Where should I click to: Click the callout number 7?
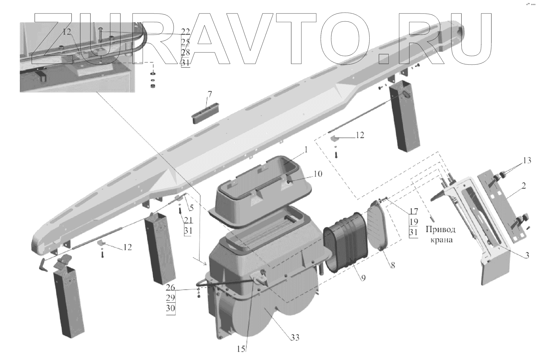point(209,95)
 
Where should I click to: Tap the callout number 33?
point(295,338)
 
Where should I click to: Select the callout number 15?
point(241,349)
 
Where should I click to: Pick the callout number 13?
point(527,161)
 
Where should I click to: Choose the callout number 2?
point(523,186)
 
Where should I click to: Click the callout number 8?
point(393,265)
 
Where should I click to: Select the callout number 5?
point(191,207)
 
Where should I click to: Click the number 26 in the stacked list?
point(171,288)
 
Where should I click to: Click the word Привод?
point(440,230)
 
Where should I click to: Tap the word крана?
point(440,240)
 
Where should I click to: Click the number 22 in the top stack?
point(186,31)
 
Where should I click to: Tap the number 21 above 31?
point(188,221)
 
